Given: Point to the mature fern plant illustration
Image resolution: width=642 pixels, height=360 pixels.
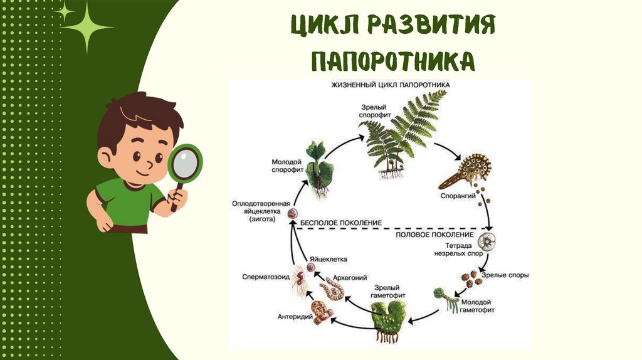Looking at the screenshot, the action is coord(401,135).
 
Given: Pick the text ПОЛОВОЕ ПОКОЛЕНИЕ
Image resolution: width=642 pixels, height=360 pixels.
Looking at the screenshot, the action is coord(426,234).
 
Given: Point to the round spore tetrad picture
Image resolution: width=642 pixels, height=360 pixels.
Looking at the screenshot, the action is coord(487,241).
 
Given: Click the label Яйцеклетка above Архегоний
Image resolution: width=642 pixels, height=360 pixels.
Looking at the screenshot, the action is coord(327,258).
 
